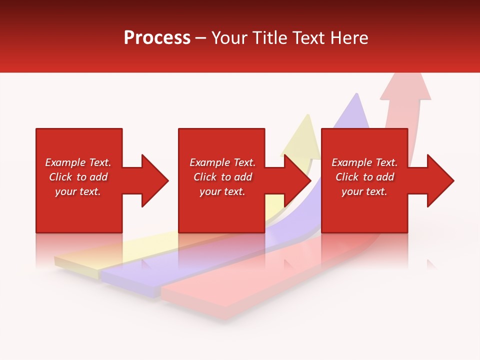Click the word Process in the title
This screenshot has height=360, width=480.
157,37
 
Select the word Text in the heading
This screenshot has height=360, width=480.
310,37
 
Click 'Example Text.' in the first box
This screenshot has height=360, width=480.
78,162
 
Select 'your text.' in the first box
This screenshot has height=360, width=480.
78,191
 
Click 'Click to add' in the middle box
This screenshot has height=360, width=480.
222,177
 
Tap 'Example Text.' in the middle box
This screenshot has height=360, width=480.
222,162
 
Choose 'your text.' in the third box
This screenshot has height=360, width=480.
364,191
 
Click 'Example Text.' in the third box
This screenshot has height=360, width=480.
364,162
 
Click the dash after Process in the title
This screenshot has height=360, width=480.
200,38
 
